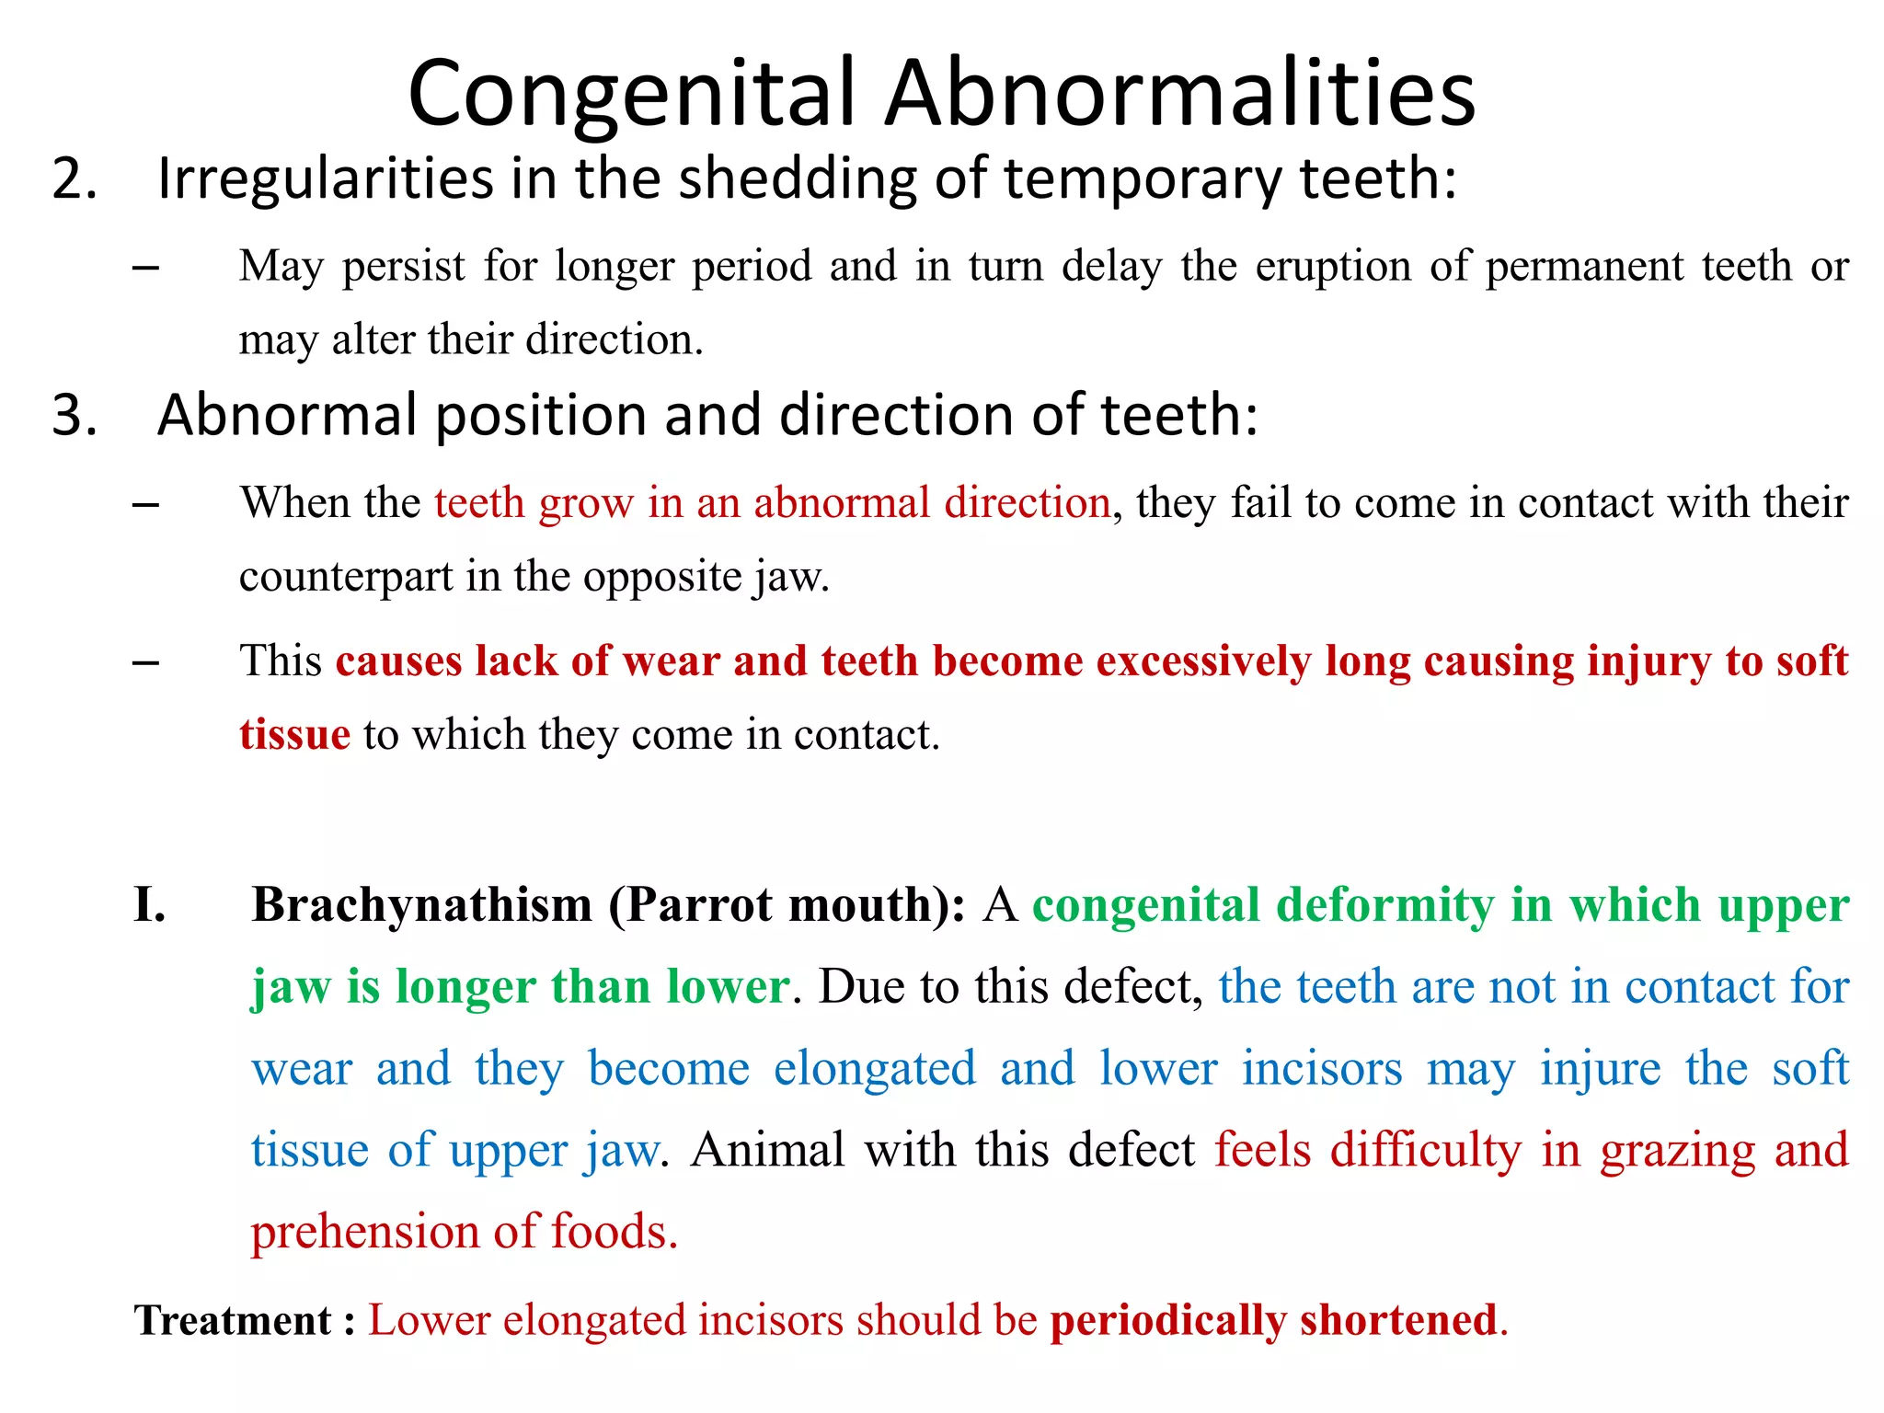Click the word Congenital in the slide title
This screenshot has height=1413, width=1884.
(631, 95)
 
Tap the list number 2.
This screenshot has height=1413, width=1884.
(74, 178)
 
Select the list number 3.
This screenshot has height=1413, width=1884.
(74, 415)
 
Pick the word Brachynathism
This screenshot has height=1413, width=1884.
(422, 905)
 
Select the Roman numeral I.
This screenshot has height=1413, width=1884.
(149, 905)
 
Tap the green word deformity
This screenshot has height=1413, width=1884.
(1385, 905)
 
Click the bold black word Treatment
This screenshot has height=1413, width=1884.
(233, 1321)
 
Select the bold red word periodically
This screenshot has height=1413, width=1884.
(1167, 1321)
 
